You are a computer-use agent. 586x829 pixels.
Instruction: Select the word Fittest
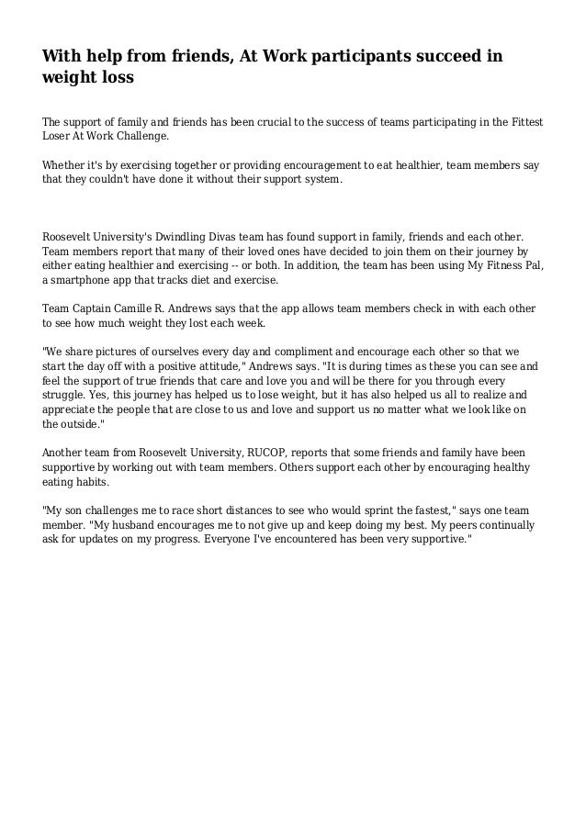[x=524, y=120]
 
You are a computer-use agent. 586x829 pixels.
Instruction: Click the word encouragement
[x=318, y=165]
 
